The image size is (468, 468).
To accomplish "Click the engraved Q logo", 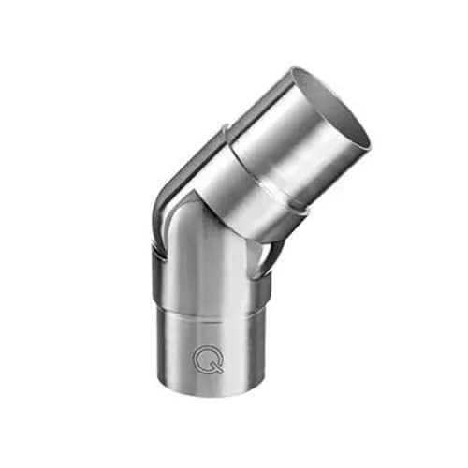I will tap(208, 358).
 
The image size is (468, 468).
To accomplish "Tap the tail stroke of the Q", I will tap(218, 370).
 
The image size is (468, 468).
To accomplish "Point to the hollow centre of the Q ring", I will tap(207, 356).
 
